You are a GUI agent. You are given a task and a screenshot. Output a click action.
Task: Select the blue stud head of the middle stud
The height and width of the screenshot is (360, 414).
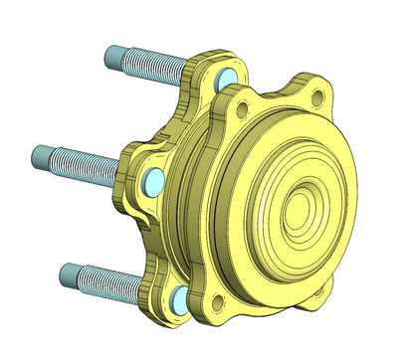154,180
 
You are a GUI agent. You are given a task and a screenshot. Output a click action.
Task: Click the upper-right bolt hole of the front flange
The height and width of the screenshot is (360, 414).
317,98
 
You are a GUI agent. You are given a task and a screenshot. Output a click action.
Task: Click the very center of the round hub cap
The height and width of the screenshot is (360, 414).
299,211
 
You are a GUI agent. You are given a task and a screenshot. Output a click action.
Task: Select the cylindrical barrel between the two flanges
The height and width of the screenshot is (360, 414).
195,199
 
